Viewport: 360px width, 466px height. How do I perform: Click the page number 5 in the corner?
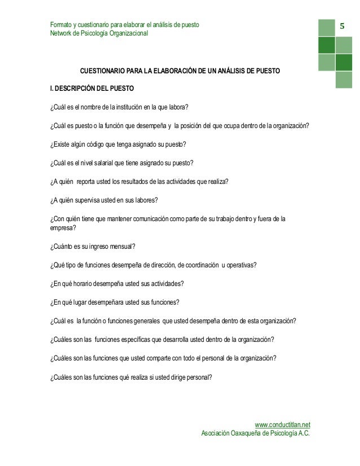pyautogui.click(x=343, y=27)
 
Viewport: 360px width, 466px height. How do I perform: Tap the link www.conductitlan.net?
pyautogui.click(x=283, y=424)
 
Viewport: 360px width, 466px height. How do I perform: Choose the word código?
pyautogui.click(x=93, y=144)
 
